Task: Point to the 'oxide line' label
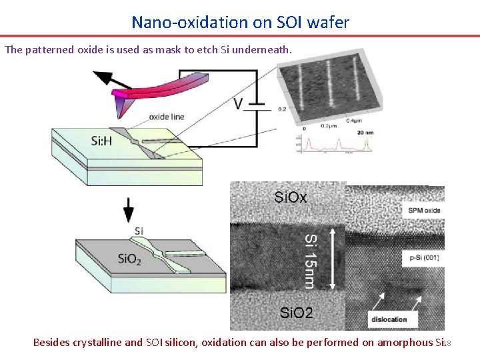(167, 117)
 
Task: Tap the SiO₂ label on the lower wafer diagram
(129, 259)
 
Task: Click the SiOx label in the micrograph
(291, 197)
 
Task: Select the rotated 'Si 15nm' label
(311, 261)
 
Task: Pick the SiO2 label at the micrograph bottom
(296, 313)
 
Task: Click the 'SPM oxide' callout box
(424, 211)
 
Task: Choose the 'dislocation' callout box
(390, 319)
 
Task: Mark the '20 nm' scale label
(365, 133)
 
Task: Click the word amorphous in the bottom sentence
(405, 343)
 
